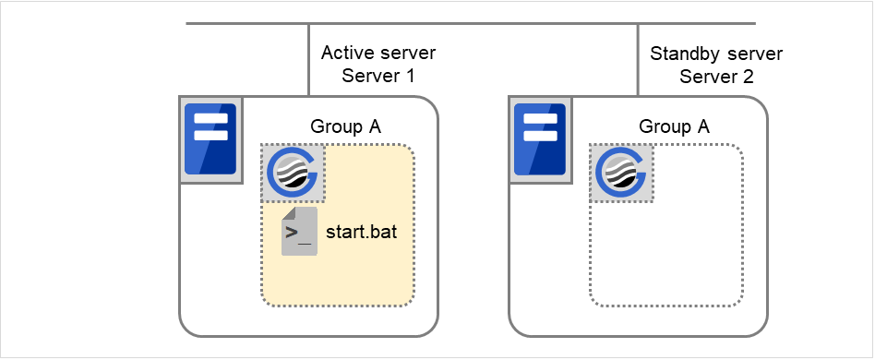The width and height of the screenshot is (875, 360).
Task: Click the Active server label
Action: click(x=378, y=54)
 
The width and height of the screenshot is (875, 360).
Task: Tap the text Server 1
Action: click(x=378, y=77)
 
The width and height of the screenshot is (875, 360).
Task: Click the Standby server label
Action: click(x=716, y=54)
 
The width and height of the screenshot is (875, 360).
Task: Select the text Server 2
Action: click(x=716, y=77)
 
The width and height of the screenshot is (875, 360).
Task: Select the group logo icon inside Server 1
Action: click(x=293, y=173)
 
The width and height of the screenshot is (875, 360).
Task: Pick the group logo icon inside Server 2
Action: click(x=622, y=173)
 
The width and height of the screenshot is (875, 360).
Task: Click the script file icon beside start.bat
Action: click(x=298, y=232)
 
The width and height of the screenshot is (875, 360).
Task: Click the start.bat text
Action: click(x=362, y=232)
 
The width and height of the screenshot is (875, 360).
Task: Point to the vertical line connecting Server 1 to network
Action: click(x=308, y=58)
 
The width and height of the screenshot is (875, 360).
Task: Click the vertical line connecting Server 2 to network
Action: click(x=638, y=58)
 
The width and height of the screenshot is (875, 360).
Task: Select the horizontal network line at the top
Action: click(x=471, y=23)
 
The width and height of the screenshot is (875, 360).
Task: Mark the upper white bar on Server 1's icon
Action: click(x=210, y=118)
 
